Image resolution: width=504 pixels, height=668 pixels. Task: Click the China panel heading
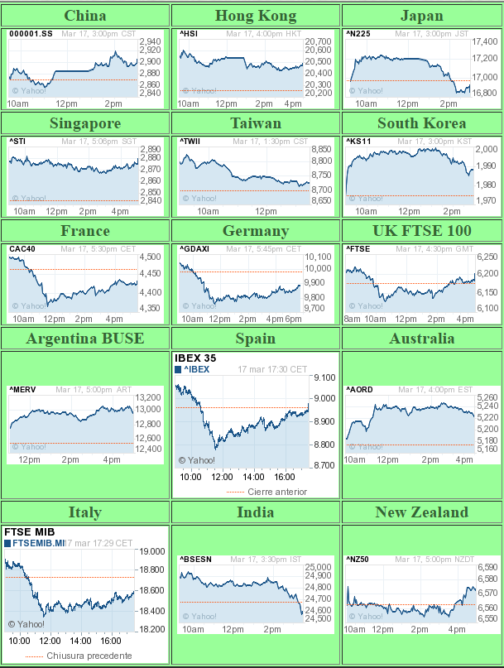click(x=84, y=16)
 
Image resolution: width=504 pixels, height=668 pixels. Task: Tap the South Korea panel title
click(x=421, y=123)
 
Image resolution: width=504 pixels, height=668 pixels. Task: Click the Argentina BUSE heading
click(x=84, y=339)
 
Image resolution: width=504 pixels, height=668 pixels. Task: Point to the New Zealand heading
click(x=421, y=512)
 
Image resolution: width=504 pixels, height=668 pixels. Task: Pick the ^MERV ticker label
click(x=22, y=389)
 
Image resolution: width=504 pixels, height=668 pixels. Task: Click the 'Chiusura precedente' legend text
click(x=89, y=656)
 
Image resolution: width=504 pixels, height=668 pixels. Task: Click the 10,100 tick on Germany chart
click(x=317, y=257)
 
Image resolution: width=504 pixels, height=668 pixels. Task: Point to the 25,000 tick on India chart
click(x=318, y=567)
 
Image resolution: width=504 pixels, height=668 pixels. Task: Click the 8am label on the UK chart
click(x=353, y=319)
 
